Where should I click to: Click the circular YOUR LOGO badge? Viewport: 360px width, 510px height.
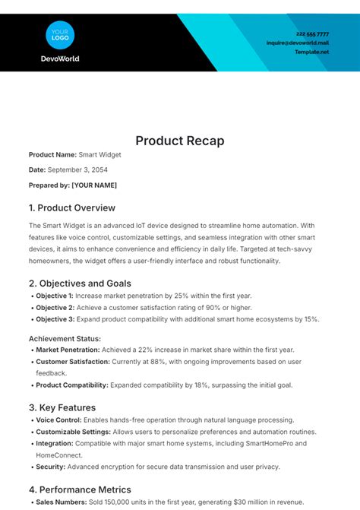pyautogui.click(x=60, y=33)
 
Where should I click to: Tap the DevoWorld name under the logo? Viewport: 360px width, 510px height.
pyautogui.click(x=60, y=59)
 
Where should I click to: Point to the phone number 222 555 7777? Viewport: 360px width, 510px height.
pyautogui.click(x=312, y=34)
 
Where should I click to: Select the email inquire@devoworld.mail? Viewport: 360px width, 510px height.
pyautogui.click(x=298, y=43)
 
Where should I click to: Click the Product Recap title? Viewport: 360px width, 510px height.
pyautogui.click(x=180, y=141)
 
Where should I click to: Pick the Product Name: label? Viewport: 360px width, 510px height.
pyautogui.click(x=52, y=155)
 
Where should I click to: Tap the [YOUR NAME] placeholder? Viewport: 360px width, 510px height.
pyautogui.click(x=94, y=185)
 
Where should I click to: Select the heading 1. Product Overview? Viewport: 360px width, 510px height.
pyautogui.click(x=72, y=207)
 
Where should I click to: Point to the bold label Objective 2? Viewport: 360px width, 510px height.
pyautogui.click(x=55, y=308)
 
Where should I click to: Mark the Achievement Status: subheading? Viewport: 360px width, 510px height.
pyautogui.click(x=65, y=338)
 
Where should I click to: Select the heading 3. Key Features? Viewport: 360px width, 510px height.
pyautogui.click(x=62, y=407)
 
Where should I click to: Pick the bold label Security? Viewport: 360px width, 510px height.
pyautogui.click(x=51, y=467)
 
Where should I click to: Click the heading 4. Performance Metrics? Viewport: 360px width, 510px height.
pyautogui.click(x=80, y=489)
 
